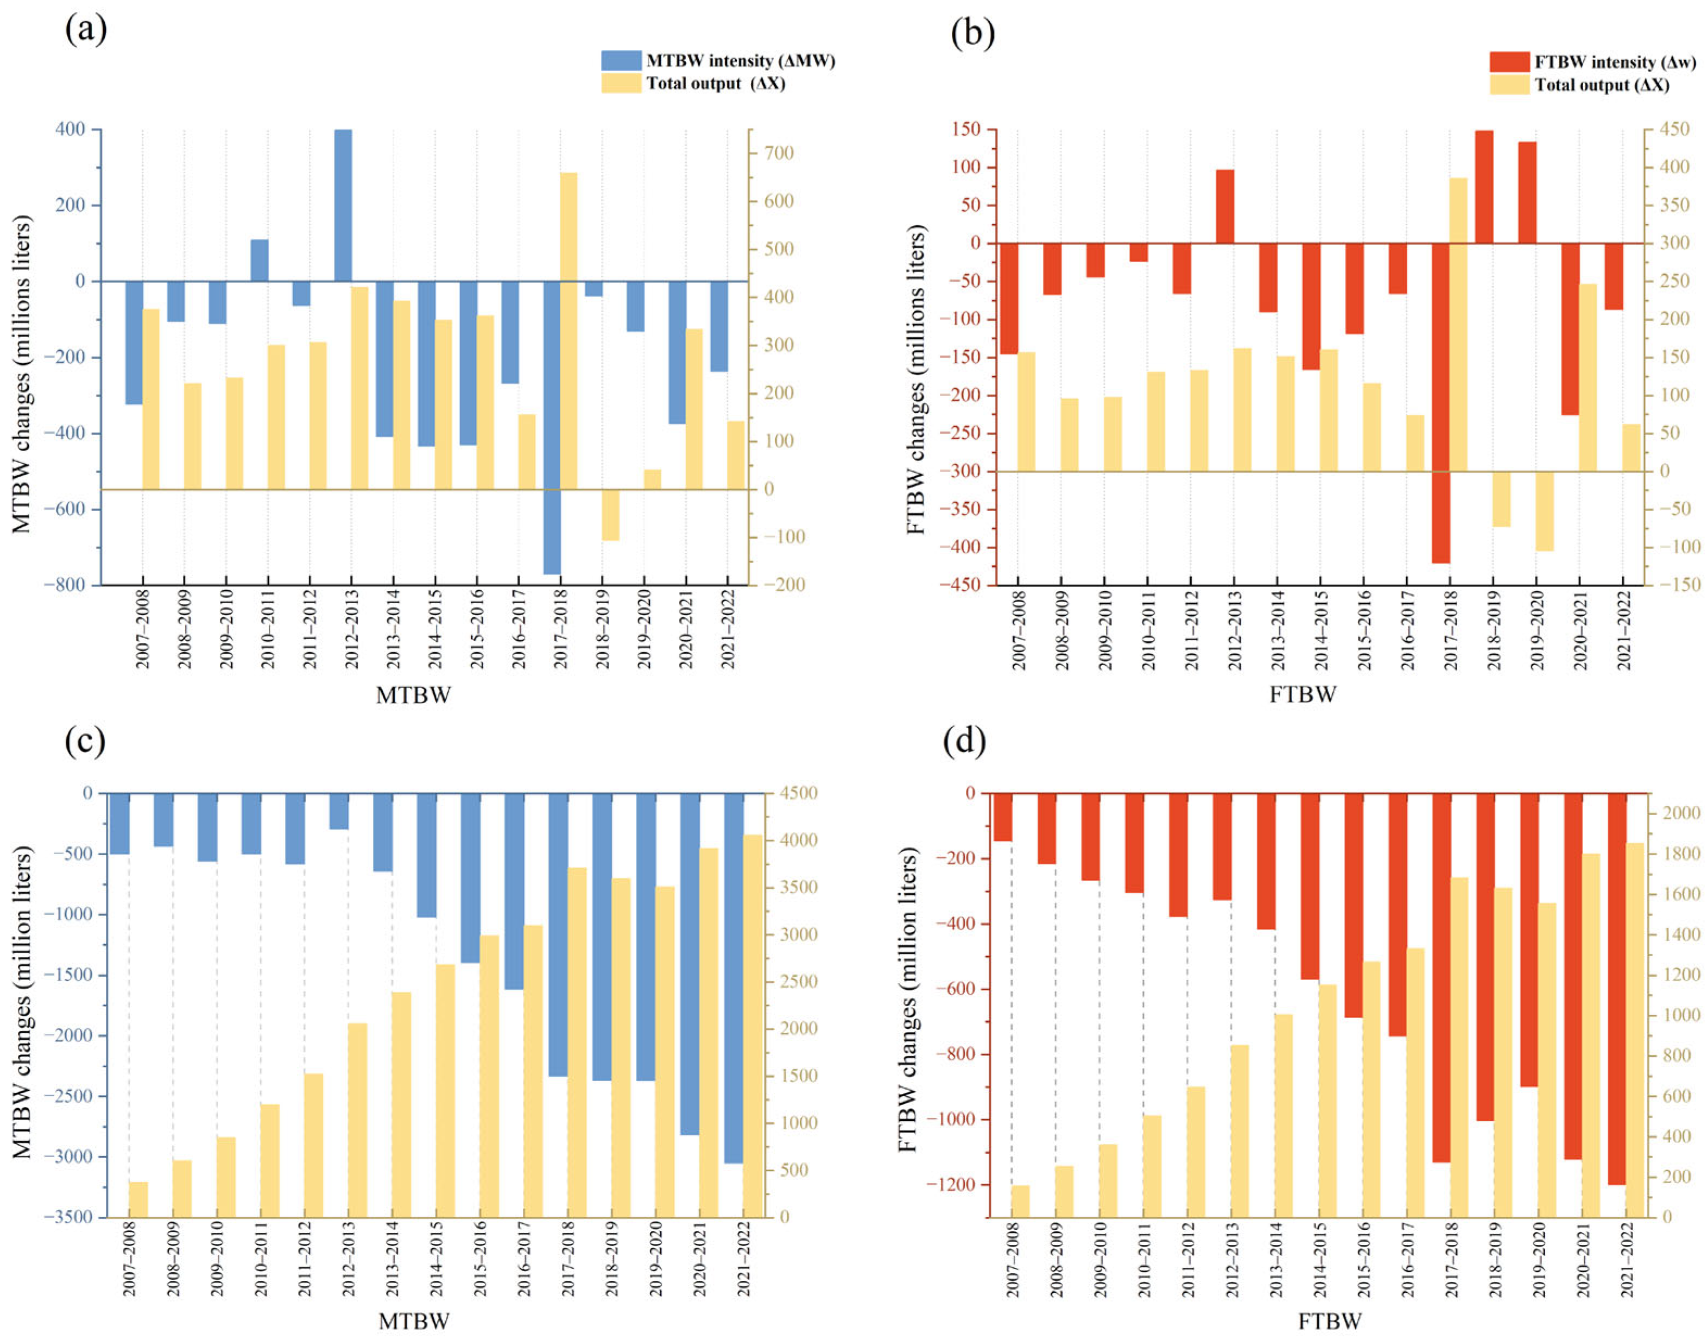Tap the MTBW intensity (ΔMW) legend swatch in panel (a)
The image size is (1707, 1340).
tap(621, 60)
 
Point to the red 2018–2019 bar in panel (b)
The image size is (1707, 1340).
tap(1483, 187)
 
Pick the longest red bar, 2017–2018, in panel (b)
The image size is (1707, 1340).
tap(1440, 402)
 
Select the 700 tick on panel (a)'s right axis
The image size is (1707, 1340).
tap(776, 153)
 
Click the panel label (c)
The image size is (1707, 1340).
tap(85, 741)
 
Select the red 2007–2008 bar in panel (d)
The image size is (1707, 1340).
tap(1003, 817)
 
